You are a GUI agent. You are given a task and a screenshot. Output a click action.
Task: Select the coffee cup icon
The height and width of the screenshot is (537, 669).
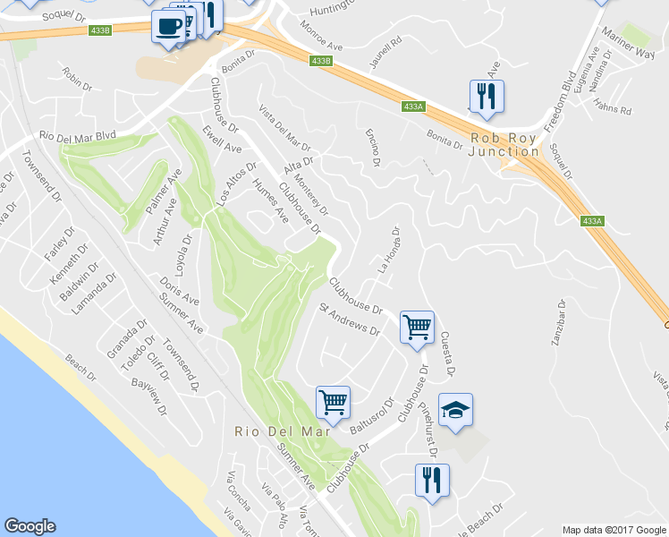pyautogui.click(x=168, y=26)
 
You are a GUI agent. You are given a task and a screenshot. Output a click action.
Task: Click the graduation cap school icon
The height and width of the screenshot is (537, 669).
pyautogui.click(x=456, y=410)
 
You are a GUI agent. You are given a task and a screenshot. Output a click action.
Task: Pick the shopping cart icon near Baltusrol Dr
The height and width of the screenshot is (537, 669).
pyautogui.click(x=333, y=403)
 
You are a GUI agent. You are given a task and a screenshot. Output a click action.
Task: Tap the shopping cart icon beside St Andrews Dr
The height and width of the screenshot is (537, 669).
pyautogui.click(x=417, y=328)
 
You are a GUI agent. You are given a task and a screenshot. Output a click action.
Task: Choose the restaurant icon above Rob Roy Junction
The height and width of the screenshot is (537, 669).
pyautogui.click(x=487, y=97)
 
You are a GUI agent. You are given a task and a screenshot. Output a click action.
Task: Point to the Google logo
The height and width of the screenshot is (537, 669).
pyautogui.click(x=30, y=526)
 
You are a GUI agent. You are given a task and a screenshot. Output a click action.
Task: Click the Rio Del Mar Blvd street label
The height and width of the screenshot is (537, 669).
pyautogui.click(x=79, y=137)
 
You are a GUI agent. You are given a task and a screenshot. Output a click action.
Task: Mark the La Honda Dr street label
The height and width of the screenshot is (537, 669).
pyautogui.click(x=388, y=249)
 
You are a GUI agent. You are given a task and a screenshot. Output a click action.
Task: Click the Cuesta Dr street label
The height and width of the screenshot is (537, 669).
pyautogui.click(x=447, y=354)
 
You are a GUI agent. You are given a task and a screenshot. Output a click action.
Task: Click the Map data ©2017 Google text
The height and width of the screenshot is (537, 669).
pyautogui.click(x=613, y=530)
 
